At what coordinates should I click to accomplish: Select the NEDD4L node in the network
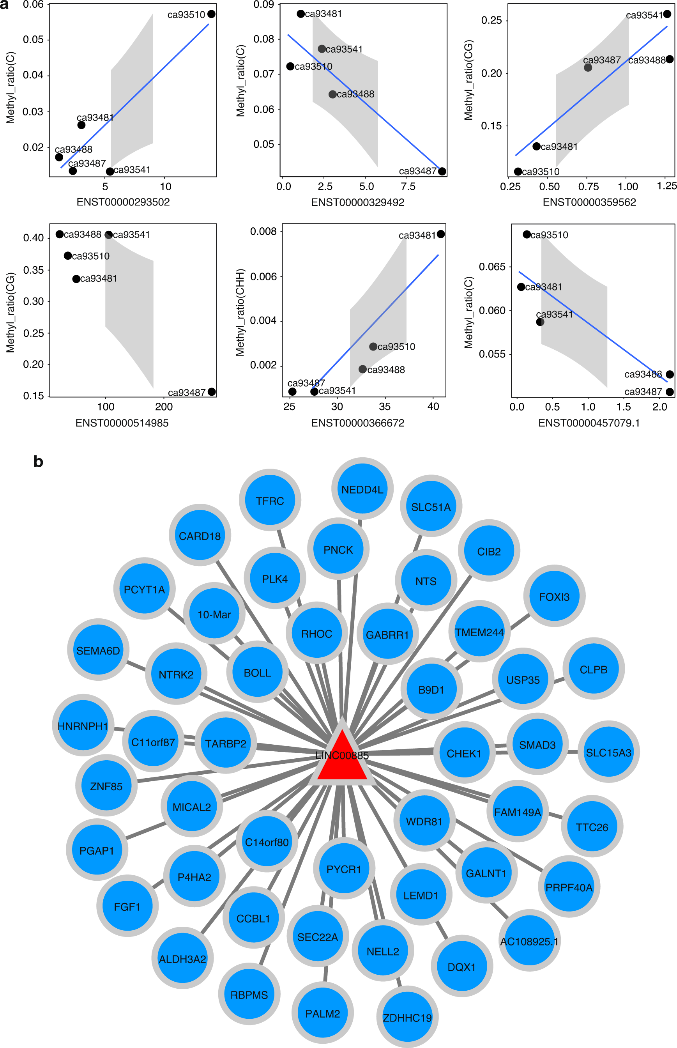[x=362, y=489]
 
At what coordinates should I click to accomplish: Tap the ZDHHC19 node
[x=407, y=1017]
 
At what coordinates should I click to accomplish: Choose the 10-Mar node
[x=214, y=614]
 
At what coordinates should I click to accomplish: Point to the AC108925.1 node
[x=529, y=941]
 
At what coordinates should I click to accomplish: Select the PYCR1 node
[x=344, y=869]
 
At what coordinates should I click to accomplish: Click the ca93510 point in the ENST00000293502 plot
[x=212, y=14]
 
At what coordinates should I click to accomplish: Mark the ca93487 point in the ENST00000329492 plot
[x=442, y=172]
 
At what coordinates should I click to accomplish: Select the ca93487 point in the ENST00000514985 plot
[x=212, y=392]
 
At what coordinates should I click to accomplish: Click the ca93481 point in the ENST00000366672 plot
[x=441, y=234]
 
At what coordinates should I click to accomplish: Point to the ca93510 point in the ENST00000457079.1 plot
[x=527, y=234]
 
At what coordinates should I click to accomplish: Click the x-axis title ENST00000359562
[x=589, y=202]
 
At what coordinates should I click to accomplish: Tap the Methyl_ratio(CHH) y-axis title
[x=240, y=312]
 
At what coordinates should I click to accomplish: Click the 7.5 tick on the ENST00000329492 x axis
[x=408, y=186]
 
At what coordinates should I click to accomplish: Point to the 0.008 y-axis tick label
[x=263, y=231]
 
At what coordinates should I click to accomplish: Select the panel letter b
[x=38, y=462]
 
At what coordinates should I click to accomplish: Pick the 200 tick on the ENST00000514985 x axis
[x=164, y=407]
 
